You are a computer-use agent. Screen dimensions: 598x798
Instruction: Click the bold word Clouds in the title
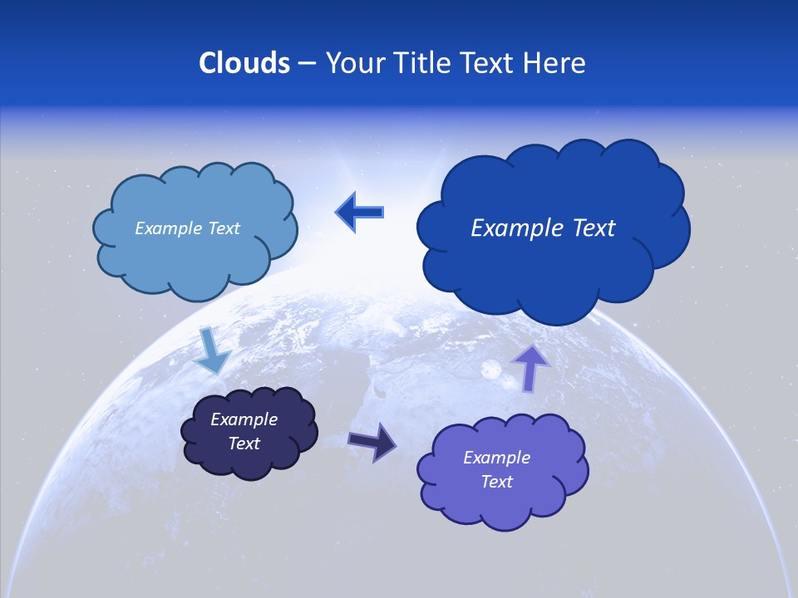244,63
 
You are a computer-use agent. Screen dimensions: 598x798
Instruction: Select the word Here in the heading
556,63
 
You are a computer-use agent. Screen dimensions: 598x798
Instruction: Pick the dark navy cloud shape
249,461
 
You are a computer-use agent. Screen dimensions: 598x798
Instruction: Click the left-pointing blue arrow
360,212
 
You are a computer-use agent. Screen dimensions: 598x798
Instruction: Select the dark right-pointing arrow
373,442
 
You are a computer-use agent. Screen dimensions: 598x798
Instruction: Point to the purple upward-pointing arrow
530,367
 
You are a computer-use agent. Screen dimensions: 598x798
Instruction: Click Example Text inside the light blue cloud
187,228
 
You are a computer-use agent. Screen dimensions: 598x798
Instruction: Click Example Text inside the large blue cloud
543,228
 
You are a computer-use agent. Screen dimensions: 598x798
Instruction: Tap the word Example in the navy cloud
244,419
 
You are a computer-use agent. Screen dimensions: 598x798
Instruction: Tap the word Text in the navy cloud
244,444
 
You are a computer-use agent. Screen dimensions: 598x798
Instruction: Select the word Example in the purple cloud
496,458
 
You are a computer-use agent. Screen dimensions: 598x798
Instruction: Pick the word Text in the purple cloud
496,482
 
